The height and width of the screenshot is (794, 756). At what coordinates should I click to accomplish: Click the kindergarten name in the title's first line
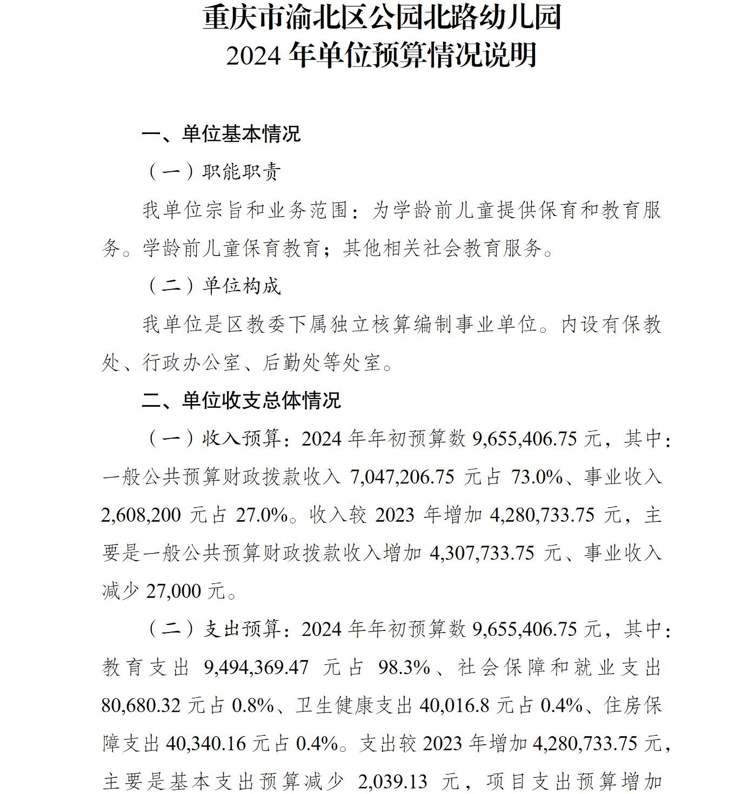[382, 17]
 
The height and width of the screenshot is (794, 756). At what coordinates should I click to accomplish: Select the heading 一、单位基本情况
[221, 134]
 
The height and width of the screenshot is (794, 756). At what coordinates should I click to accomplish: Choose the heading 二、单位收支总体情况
[241, 401]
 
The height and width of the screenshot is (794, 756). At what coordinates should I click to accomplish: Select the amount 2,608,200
[141, 515]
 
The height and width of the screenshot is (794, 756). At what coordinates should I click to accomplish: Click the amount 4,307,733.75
[483, 554]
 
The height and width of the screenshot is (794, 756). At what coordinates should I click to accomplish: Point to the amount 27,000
[173, 592]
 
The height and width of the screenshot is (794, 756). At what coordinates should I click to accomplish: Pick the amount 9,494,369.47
[257, 668]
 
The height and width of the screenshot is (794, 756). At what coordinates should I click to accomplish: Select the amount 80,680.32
[141, 706]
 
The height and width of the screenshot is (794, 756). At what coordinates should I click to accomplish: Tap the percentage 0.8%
[253, 706]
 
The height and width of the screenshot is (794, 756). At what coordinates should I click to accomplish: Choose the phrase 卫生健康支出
[354, 706]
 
